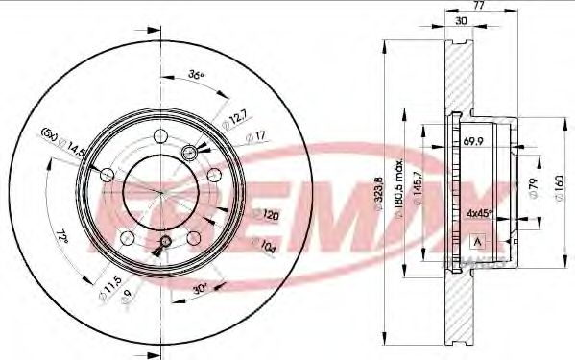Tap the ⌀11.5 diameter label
click(109, 287)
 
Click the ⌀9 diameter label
click(127, 300)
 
